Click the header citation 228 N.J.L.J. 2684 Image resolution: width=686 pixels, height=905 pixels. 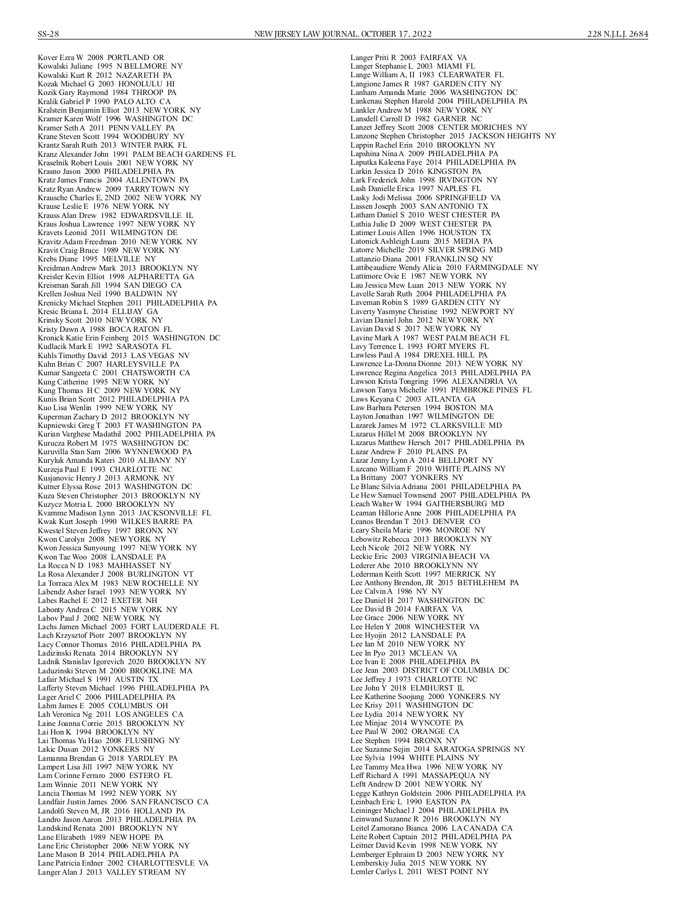pyautogui.click(x=617, y=34)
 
